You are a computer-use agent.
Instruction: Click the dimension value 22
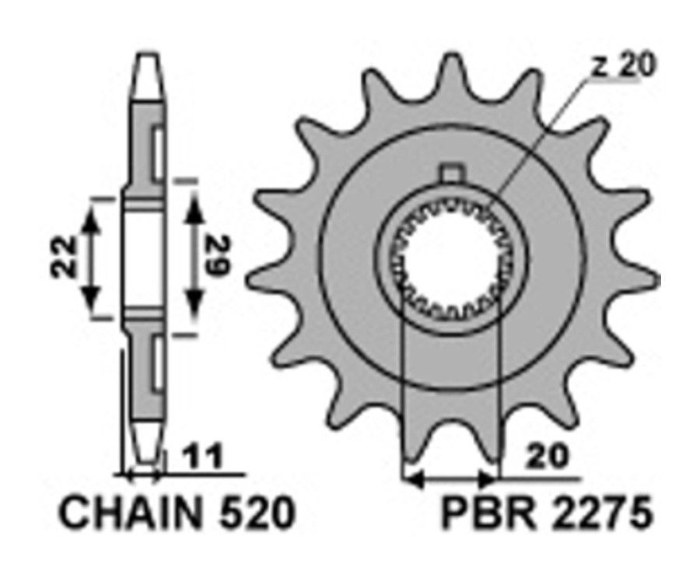65,257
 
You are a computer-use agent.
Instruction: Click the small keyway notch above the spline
451,173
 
